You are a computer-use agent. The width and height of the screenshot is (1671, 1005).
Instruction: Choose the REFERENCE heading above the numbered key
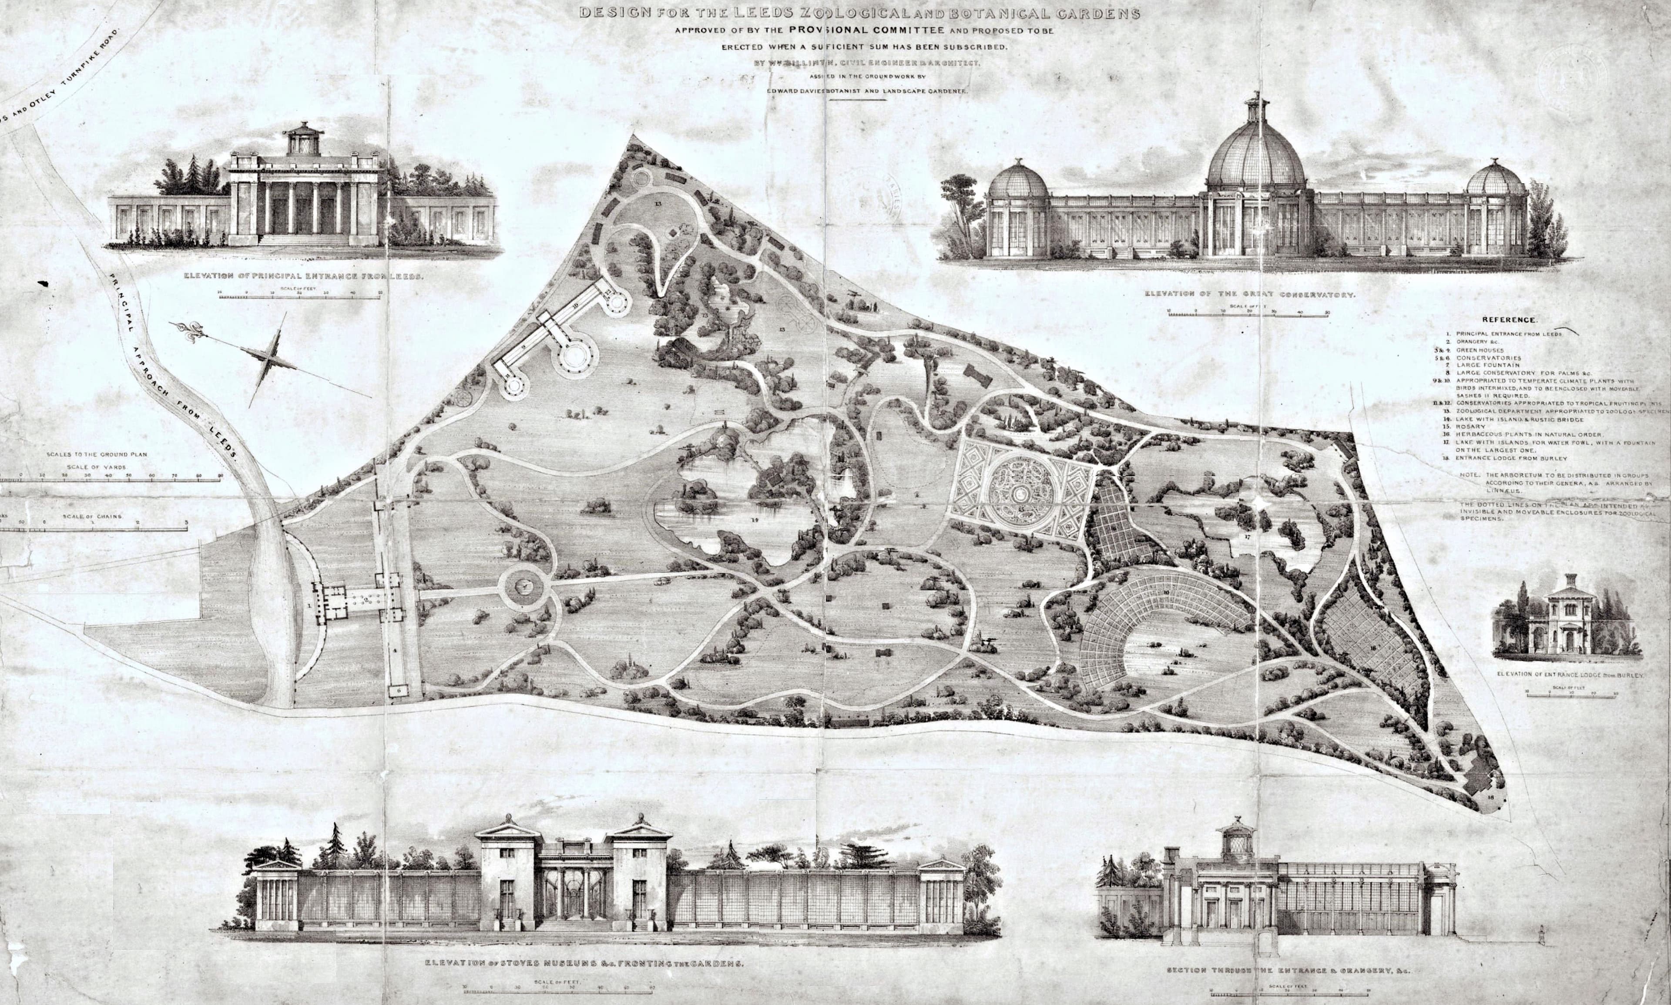click(x=1509, y=319)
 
